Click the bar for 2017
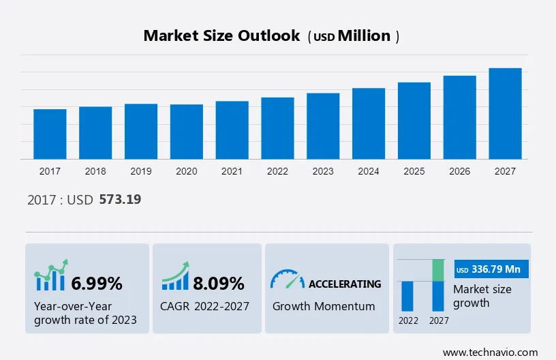50,134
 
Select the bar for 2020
187,132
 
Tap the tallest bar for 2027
505,113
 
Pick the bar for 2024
369,123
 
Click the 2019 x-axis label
141,171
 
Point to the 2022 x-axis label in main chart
277,171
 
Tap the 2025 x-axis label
414,171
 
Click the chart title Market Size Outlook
221,36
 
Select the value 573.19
120,200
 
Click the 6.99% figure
97,283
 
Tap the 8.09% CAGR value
218,283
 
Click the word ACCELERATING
345,284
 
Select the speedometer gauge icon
288,279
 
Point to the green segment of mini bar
439,270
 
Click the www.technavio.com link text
491,352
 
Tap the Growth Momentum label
324,306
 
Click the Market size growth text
482,296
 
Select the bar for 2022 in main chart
277,128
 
